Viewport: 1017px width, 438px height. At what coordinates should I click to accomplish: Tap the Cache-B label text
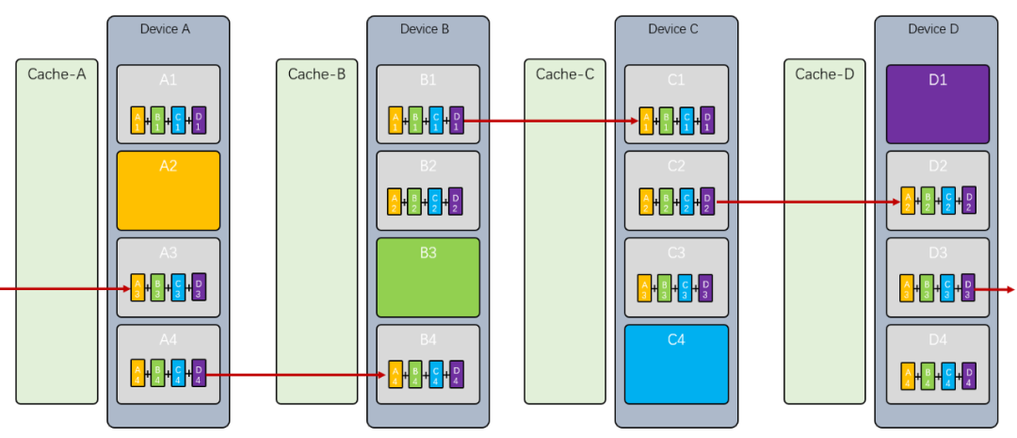click(316, 74)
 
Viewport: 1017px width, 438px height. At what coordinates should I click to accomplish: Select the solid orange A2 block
click(169, 190)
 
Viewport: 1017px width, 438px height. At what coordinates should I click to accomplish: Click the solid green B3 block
click(428, 277)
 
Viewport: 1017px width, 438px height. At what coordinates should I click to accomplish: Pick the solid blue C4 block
click(676, 364)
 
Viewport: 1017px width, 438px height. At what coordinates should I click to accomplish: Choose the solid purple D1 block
click(937, 104)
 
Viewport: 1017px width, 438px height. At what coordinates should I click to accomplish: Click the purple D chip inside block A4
click(199, 373)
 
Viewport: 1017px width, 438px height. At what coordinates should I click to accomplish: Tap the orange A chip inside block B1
click(395, 120)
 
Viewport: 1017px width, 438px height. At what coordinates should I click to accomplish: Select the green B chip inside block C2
click(667, 201)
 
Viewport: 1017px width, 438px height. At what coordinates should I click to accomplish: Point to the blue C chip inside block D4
click(948, 375)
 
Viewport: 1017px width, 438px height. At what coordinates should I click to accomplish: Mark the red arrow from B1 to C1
click(551, 121)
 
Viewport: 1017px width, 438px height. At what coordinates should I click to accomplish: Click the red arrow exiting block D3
click(995, 289)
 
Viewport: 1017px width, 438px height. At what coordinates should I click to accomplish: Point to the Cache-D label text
click(824, 74)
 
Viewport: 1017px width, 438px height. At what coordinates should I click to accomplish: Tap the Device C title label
click(673, 29)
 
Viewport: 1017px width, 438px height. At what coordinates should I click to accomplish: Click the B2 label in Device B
click(428, 167)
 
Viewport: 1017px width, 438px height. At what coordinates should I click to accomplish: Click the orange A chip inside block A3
click(137, 286)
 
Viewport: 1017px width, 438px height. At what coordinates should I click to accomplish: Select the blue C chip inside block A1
click(179, 120)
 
